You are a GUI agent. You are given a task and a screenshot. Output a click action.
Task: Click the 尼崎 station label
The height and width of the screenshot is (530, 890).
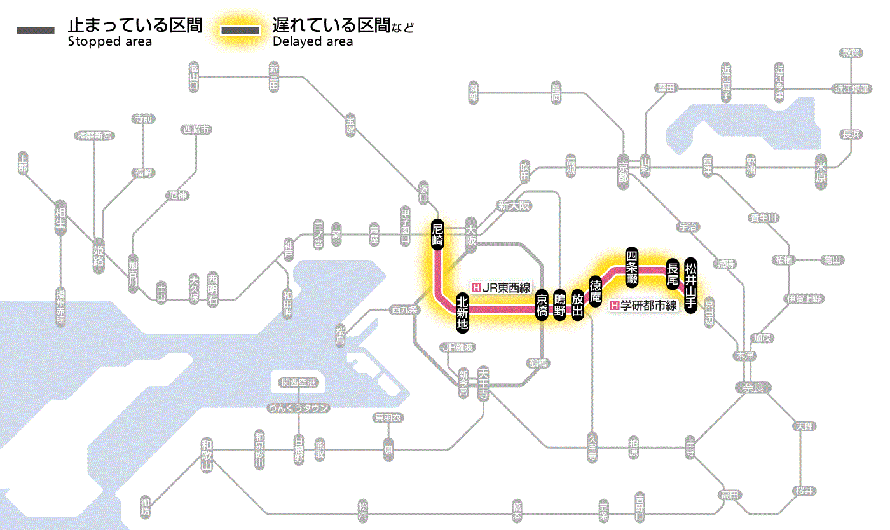[x=437, y=235]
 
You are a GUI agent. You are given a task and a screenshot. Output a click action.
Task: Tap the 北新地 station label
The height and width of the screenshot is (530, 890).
[x=462, y=312]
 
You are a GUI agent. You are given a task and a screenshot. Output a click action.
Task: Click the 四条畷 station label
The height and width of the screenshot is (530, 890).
[x=631, y=266]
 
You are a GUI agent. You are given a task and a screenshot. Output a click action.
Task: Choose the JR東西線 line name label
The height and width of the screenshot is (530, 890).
[x=500, y=287]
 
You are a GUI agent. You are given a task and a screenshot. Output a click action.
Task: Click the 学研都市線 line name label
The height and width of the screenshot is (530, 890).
[x=643, y=306]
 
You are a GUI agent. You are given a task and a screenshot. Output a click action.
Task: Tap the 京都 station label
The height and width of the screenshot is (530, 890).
[x=623, y=168]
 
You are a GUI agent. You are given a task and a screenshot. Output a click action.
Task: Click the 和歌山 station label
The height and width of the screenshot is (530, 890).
[x=206, y=455]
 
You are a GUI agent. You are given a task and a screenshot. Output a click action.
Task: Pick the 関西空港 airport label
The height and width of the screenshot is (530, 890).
[x=299, y=383]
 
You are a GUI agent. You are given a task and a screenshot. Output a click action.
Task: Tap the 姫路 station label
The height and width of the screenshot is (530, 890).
[x=99, y=255]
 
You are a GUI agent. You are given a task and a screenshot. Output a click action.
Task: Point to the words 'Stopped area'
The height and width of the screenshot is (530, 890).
[x=109, y=42]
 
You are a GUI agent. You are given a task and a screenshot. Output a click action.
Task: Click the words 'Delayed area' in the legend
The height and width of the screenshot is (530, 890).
[x=313, y=42]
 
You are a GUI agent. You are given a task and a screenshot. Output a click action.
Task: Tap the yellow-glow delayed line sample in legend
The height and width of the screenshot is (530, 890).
[x=241, y=31]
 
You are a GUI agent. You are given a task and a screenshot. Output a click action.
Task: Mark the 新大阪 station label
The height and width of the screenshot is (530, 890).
[x=514, y=206]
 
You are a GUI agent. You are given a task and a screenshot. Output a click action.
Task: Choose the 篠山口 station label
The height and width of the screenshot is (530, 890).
[x=194, y=76]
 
